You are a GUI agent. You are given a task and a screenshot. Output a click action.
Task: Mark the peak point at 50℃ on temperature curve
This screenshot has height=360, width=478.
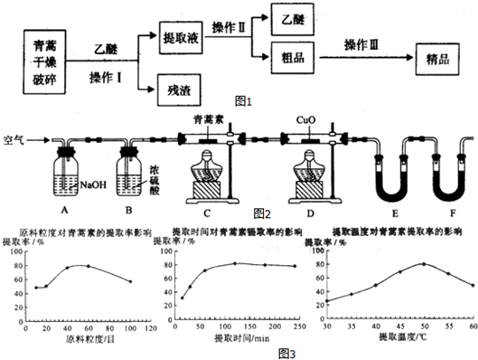pyautogui.click(x=422, y=263)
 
